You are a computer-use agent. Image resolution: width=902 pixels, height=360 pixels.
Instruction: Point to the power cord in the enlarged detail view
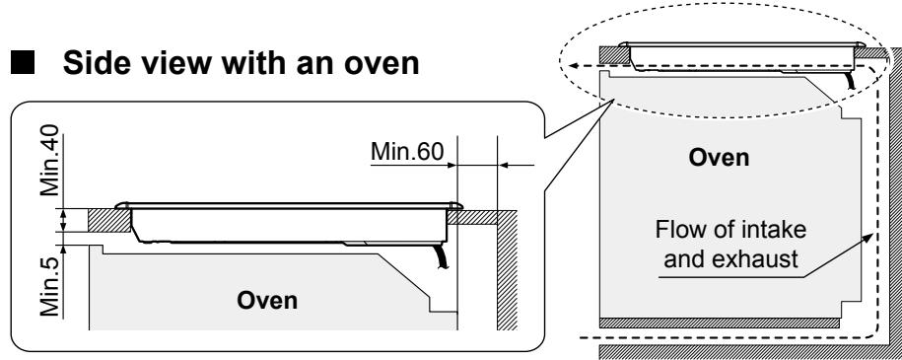443,259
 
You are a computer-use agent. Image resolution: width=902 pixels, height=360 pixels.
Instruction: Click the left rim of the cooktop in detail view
120,206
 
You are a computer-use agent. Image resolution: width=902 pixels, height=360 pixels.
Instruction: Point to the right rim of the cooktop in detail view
454,206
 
